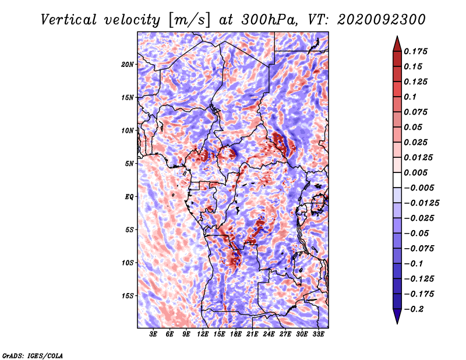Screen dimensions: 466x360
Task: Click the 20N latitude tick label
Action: coord(128,65)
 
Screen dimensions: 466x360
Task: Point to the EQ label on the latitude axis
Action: coord(129,197)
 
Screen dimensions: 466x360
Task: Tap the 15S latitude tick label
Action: coord(128,296)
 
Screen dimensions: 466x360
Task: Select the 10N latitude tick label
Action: coord(128,130)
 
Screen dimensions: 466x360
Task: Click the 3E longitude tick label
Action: coord(153,334)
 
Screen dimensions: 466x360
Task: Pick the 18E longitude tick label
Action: coord(236,334)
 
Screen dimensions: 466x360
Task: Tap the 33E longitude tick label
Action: coord(318,334)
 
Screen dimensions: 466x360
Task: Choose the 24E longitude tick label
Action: coord(269,334)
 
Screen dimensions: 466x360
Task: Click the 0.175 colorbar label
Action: coord(415,51)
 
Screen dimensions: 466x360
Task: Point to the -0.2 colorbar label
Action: coord(414,309)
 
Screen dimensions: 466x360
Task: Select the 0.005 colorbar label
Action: coord(415,172)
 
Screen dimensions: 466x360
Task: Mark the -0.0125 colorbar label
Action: coord(421,203)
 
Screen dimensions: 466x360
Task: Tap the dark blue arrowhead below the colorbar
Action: coord(397,316)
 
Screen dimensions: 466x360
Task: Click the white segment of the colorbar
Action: coord(397,180)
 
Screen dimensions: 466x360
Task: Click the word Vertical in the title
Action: coord(69,20)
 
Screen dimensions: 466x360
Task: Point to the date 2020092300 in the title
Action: coord(382,20)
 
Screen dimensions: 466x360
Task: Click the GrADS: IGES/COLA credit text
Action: coord(33,356)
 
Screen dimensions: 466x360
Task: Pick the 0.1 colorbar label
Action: coord(411,97)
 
